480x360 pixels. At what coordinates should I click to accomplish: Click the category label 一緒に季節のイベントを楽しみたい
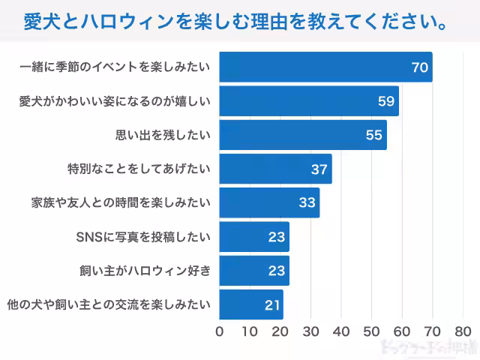[114, 67]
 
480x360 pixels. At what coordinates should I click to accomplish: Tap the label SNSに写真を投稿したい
[143, 237]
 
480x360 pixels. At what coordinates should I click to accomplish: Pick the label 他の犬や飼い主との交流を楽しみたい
[108, 304]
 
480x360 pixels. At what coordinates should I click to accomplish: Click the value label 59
[386, 101]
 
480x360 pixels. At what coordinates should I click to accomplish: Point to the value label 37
[319, 169]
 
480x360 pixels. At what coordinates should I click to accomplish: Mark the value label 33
[307, 202]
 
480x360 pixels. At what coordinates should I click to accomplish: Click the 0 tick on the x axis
[220, 331]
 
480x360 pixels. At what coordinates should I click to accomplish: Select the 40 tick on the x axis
[341, 331]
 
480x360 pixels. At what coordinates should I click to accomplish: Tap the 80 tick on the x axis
[462, 331]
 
